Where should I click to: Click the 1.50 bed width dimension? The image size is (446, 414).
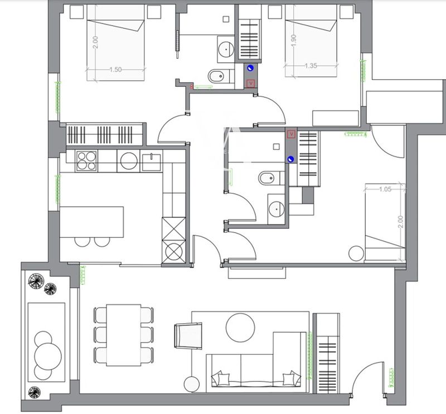click(x=115, y=70)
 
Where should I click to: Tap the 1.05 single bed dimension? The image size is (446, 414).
click(x=385, y=189)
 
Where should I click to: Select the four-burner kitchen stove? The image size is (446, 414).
click(x=86, y=161)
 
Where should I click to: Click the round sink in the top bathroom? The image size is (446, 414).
click(x=226, y=48)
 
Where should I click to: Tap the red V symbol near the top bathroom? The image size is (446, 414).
click(x=251, y=83)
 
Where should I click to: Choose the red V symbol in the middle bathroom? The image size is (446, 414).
click(x=290, y=134)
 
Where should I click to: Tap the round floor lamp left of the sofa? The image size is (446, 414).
click(x=192, y=384)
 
